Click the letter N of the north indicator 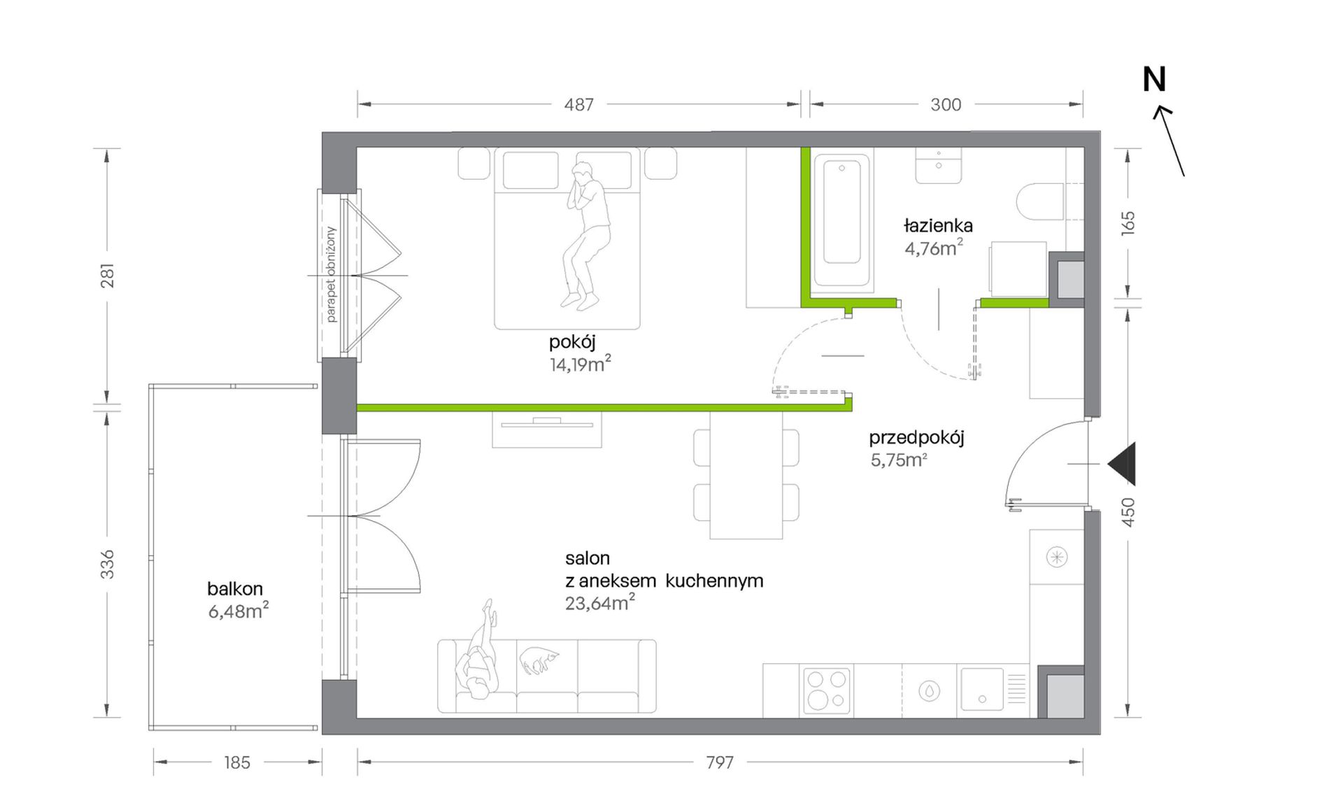click(1154, 80)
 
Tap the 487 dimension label click(579, 105)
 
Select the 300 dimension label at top click(946, 105)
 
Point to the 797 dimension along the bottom click(720, 762)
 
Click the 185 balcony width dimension click(237, 762)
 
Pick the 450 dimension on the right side click(1128, 512)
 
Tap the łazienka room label click(938, 226)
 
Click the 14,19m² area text click(580, 364)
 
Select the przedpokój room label click(916, 439)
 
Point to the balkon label click(235, 589)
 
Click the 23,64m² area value click(600, 602)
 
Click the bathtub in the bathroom click(841, 221)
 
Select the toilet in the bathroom click(1040, 201)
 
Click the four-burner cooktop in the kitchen click(826, 690)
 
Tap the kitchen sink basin click(982, 690)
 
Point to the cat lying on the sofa click(539, 659)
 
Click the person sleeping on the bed click(586, 235)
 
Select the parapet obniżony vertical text click(331, 274)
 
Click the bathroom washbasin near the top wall click(939, 165)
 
